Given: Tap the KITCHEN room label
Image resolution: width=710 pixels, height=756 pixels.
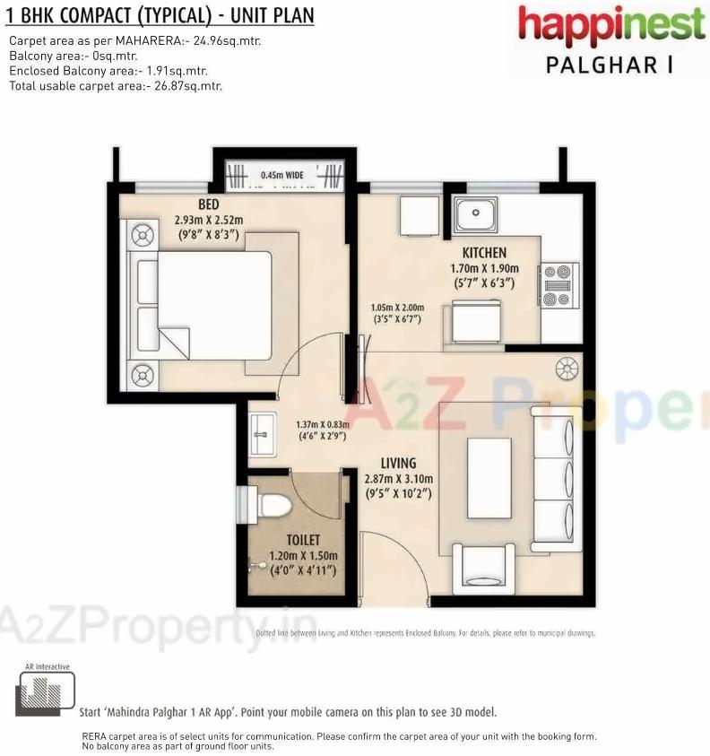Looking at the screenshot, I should pos(484,253).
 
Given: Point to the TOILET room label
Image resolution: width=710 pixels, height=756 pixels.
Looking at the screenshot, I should pos(303,541).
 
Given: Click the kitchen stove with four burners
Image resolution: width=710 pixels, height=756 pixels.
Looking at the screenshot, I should pos(557,284).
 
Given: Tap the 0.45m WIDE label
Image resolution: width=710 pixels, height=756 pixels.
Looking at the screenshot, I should pos(283,175).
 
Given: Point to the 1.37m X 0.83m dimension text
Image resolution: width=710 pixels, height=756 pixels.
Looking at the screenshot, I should pos(321,430).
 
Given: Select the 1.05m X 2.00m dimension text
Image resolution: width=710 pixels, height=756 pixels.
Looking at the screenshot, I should pos(398,313).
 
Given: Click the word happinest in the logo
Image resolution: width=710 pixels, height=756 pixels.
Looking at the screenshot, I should pos(611,25).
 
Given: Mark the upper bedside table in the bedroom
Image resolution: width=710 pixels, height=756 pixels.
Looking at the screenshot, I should pos(143,237).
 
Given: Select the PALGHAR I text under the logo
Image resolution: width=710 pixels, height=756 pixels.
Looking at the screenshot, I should pos(610,65).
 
